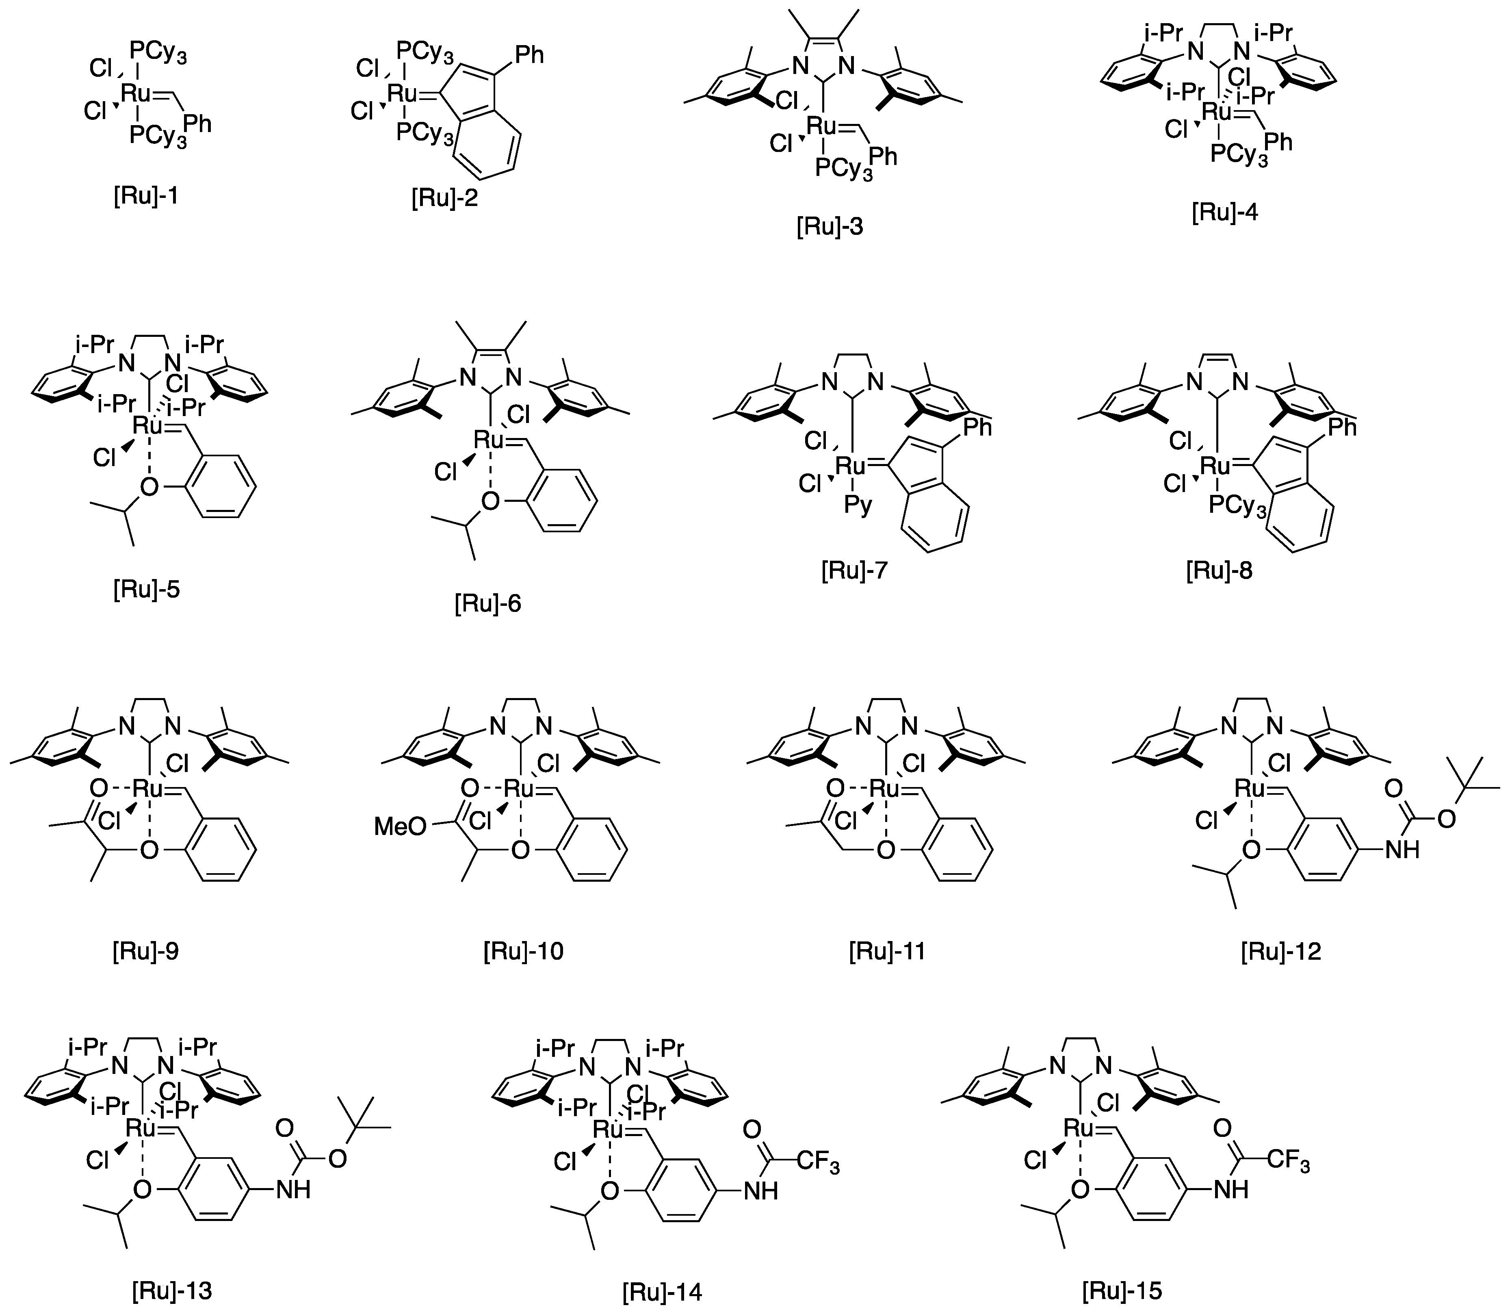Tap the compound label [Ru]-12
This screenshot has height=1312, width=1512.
click(x=1281, y=951)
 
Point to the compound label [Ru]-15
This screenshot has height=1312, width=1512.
click(x=1122, y=1290)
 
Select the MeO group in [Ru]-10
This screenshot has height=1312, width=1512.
click(x=400, y=826)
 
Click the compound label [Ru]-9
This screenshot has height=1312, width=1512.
click(x=146, y=951)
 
